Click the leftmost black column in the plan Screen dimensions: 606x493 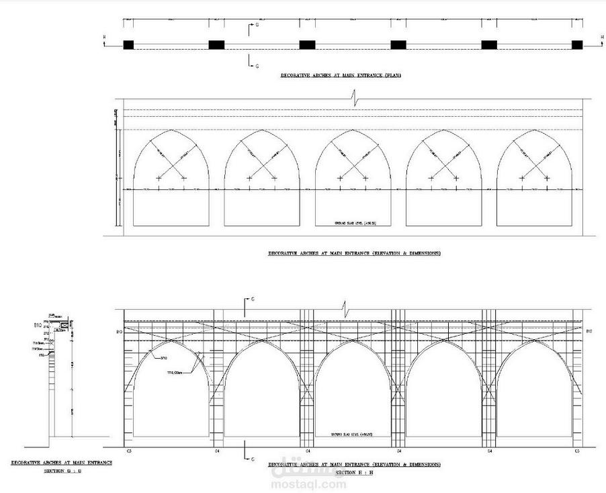click(128, 45)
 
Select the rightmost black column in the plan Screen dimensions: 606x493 click(576, 45)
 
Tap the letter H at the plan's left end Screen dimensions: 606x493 click(104, 37)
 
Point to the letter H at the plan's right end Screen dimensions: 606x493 click(593, 37)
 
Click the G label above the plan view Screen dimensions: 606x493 click(256, 24)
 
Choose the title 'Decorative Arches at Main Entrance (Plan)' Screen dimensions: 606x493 click(341, 77)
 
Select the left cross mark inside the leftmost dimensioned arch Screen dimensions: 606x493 click(159, 178)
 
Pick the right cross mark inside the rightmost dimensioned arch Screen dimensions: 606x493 click(547, 178)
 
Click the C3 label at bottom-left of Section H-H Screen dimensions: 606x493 click(128, 451)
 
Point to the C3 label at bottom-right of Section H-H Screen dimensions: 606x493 click(577, 451)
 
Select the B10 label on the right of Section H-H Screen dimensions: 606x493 click(589, 332)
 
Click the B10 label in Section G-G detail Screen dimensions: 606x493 click(38, 324)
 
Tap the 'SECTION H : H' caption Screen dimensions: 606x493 click(354, 472)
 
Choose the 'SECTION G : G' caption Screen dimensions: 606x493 click(62, 471)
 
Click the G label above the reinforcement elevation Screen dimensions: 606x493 click(252, 298)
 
